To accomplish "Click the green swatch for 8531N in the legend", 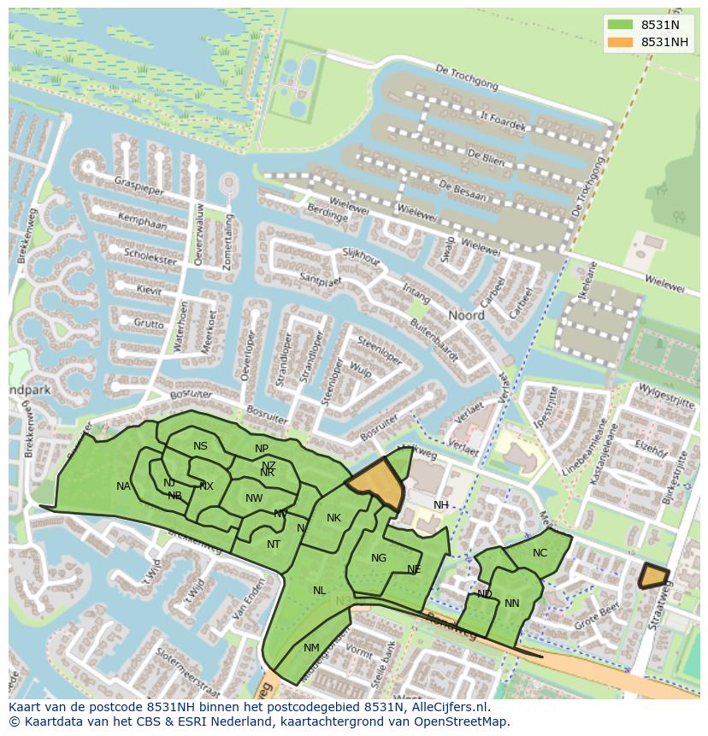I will (x=621, y=25).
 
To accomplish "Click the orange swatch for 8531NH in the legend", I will (x=621, y=42).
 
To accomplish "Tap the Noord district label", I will (x=467, y=315).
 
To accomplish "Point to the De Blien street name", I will (x=484, y=157).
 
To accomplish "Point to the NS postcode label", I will (x=200, y=446).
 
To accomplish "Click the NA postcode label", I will (x=124, y=486).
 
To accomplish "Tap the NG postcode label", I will (x=379, y=558).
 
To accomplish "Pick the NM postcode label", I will (x=311, y=648).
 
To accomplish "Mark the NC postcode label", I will (x=540, y=553).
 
